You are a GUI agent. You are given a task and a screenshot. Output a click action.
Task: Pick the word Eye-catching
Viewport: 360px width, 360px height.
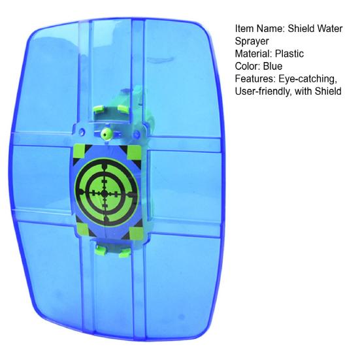click(x=309, y=79)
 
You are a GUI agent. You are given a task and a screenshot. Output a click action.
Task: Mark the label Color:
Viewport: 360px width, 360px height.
click(x=248, y=67)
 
